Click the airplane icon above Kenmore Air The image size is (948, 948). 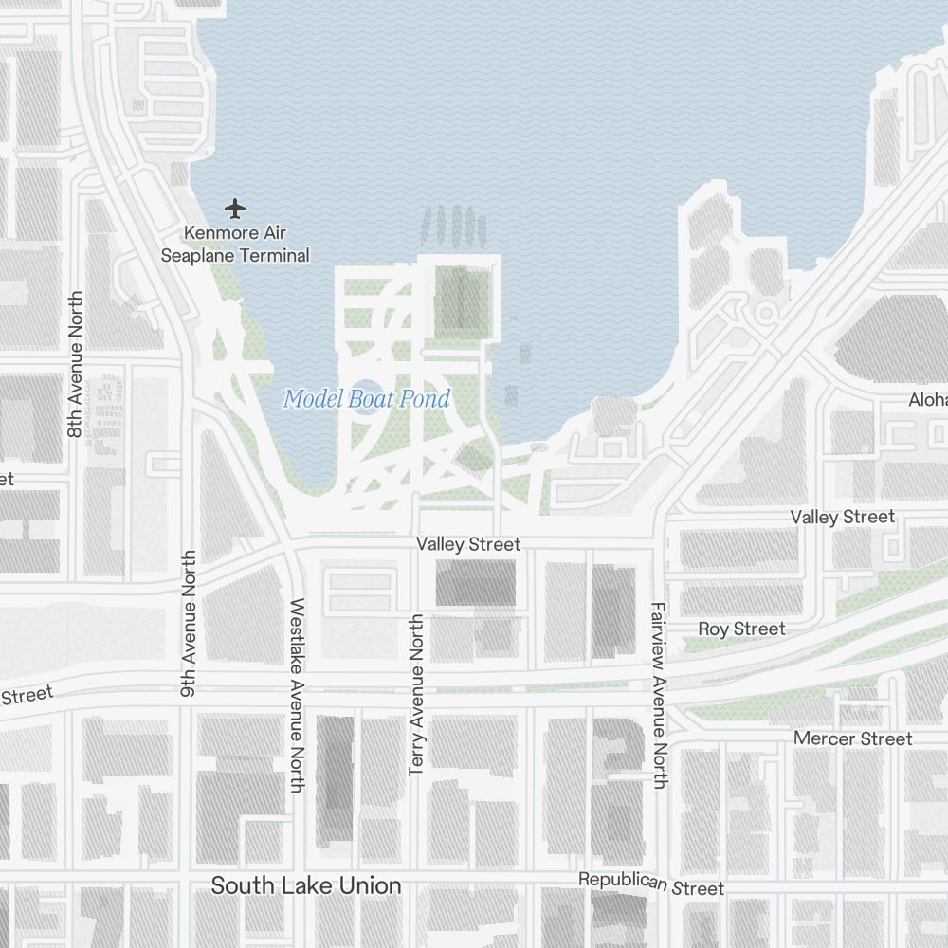pyautogui.click(x=235, y=208)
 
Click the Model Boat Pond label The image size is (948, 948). pyautogui.click(x=367, y=399)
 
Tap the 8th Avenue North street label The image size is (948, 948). pyautogui.click(x=76, y=364)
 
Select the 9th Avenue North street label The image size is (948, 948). pyautogui.click(x=189, y=623)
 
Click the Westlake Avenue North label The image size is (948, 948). pyautogui.click(x=297, y=694)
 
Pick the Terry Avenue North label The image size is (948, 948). pyautogui.click(x=416, y=694)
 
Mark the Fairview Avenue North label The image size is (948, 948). pyautogui.click(x=660, y=694)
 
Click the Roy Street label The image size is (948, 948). pyautogui.click(x=741, y=629)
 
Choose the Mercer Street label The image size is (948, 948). pyautogui.click(x=852, y=738)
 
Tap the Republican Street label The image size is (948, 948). pyautogui.click(x=651, y=884)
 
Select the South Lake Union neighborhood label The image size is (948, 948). pyautogui.click(x=305, y=886)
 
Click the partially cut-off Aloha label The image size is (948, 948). pyautogui.click(x=928, y=400)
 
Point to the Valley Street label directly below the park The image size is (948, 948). pyautogui.click(x=468, y=544)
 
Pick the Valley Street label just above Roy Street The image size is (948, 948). pyautogui.click(x=843, y=517)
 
